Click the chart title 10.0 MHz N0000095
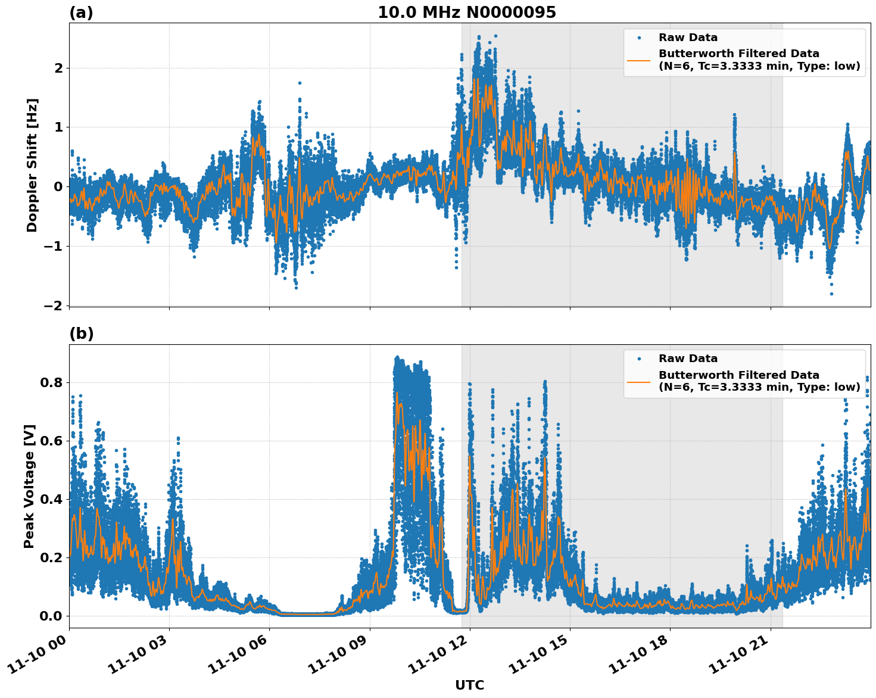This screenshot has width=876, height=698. point(466,13)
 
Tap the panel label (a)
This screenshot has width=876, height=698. point(81,13)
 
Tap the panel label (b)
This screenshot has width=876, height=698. point(81,334)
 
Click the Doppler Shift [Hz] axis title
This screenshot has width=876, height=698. point(32,165)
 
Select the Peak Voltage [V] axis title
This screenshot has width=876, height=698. point(29,486)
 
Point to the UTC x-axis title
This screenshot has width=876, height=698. point(469,685)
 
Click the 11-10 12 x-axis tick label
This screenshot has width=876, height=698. point(438,659)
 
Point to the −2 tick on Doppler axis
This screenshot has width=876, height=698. point(53,306)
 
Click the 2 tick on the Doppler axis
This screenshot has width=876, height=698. point(58,68)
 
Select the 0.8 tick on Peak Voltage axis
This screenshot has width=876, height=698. point(51,382)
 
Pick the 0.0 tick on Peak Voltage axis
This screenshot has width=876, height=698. point(51,616)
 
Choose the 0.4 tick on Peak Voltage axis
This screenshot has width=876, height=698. point(51,499)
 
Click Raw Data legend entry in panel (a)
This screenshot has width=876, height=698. point(688,38)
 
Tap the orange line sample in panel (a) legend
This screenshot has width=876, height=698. point(639,60)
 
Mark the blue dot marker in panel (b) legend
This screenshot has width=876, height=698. point(639,359)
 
